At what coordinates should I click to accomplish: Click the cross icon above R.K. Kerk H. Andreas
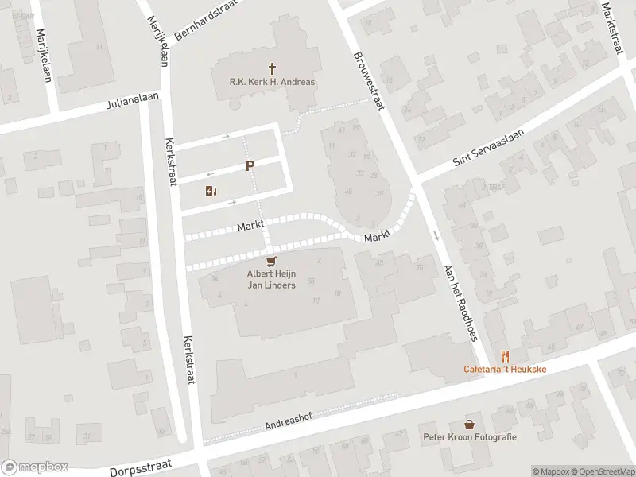[x=272, y=68]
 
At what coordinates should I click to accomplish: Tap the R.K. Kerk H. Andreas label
[x=272, y=82]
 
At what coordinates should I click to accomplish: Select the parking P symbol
[x=250, y=166]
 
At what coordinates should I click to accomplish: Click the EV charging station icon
[x=211, y=191]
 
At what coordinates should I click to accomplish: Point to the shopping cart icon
[x=272, y=262]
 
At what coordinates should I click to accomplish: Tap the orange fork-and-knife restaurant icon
[x=504, y=356]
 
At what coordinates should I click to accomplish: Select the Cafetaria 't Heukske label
[x=504, y=370]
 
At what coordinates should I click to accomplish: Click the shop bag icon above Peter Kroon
[x=470, y=425]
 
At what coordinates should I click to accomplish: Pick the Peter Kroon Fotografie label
[x=470, y=438]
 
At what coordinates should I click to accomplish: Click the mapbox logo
[x=35, y=467]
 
